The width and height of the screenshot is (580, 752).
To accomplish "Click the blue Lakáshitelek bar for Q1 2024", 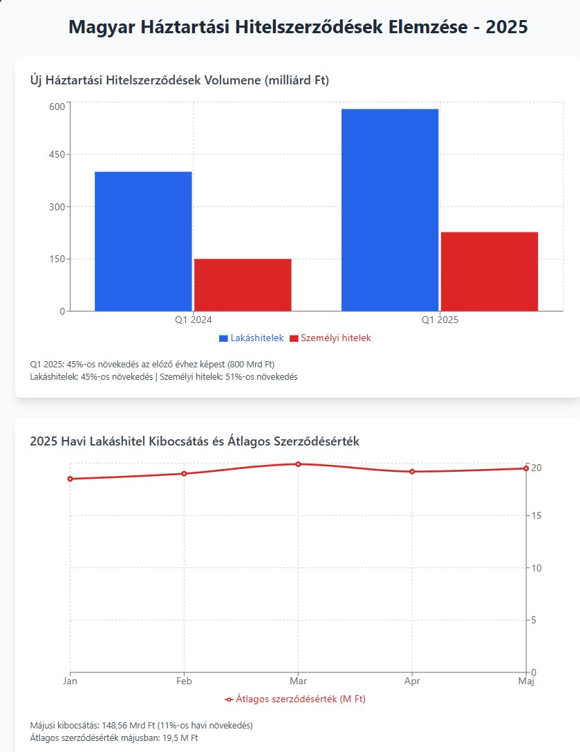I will tap(143, 241).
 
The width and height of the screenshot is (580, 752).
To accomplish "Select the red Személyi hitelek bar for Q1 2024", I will tap(243, 284).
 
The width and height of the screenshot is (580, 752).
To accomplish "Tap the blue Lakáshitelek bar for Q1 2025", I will tap(390, 210).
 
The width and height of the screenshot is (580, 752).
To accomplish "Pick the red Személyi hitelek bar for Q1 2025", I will tap(489, 271).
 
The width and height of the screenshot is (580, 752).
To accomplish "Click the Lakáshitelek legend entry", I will tap(252, 338).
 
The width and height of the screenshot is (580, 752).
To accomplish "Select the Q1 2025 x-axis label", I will tap(440, 320).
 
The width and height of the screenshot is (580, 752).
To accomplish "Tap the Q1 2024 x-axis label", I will tap(193, 320).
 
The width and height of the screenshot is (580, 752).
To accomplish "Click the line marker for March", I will tap(298, 464).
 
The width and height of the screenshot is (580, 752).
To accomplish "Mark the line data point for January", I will tap(70, 479).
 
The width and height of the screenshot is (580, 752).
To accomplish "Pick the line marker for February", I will tap(184, 474).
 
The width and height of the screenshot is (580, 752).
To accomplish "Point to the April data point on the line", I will tap(412, 472).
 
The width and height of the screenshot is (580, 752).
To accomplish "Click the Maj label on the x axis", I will tap(526, 681).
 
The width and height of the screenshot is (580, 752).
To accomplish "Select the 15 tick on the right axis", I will tap(536, 516).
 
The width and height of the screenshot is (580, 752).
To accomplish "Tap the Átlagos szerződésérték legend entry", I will tap(295, 699).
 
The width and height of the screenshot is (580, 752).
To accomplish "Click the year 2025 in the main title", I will tap(507, 28).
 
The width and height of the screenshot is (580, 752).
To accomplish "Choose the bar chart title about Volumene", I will tap(180, 81).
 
